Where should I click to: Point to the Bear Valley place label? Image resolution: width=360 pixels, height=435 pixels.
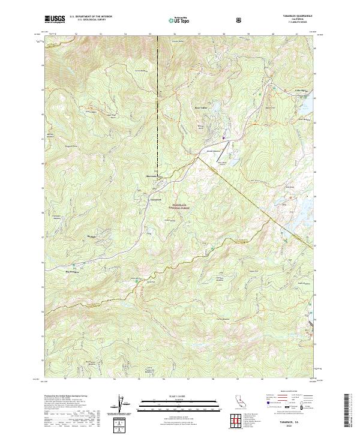tap(199, 108)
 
